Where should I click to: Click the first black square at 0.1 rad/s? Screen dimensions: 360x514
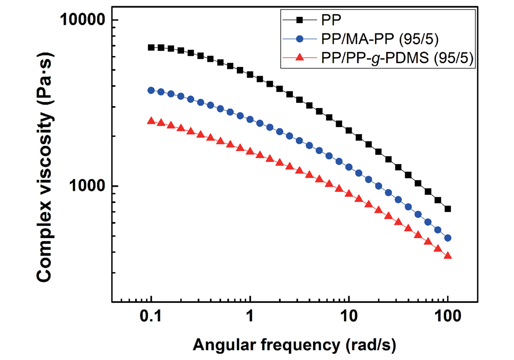click(x=151, y=47)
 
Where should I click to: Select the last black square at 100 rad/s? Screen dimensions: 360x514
click(x=448, y=209)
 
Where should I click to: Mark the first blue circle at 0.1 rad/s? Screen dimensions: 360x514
click(x=151, y=90)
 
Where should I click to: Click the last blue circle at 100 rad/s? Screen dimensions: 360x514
click(x=448, y=238)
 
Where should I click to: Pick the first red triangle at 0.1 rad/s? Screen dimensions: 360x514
click(x=151, y=121)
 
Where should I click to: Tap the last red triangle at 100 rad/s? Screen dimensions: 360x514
click(x=448, y=256)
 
